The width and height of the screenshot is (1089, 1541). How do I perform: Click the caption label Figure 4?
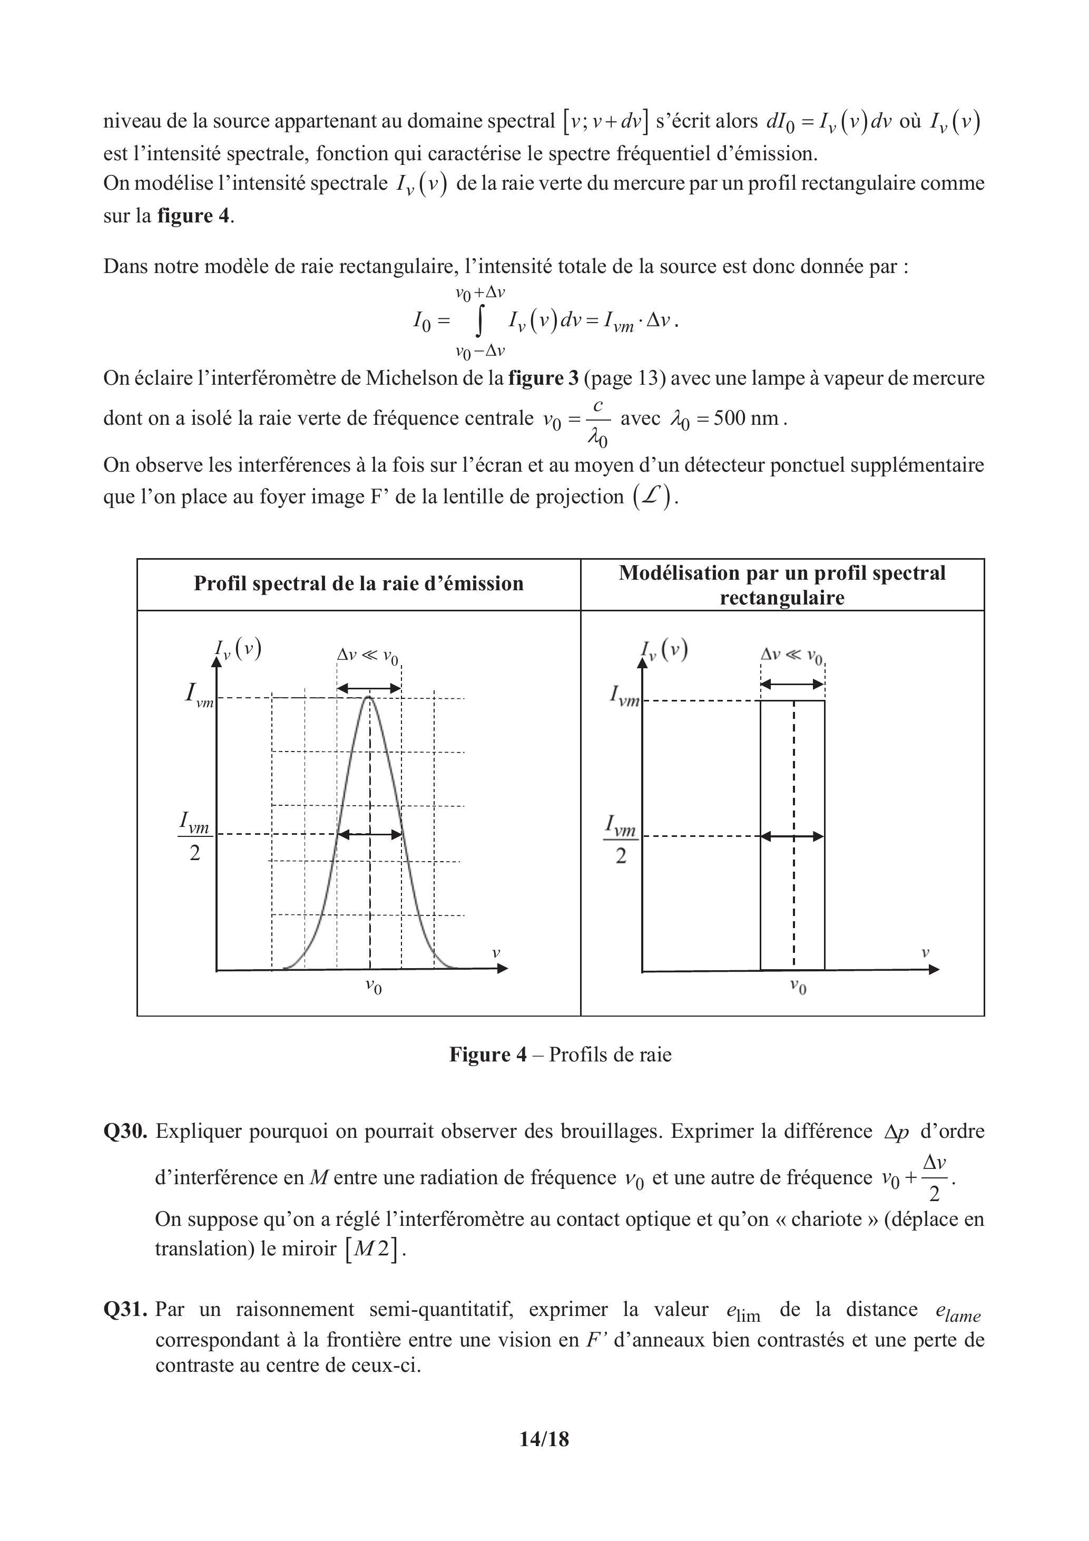tap(488, 1055)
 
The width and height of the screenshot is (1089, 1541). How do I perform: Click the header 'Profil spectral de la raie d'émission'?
tap(358, 583)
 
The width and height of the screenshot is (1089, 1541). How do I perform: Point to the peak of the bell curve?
tap(368, 698)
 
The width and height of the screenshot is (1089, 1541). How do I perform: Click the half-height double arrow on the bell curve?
tap(369, 834)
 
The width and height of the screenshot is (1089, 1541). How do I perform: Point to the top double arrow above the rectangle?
tap(792, 684)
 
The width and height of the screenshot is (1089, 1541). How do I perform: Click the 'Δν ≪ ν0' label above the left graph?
tap(368, 656)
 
